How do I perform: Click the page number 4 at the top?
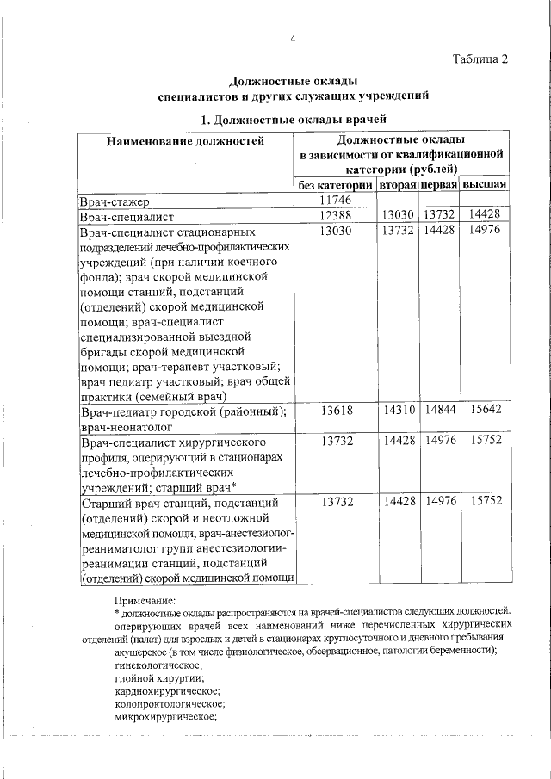coord(293,40)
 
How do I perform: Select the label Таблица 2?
coord(480,59)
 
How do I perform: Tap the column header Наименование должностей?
coord(185,140)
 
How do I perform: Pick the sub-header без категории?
coord(335,185)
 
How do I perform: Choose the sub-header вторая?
coord(399,185)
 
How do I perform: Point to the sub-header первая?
coord(439,185)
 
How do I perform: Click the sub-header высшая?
coord(484,185)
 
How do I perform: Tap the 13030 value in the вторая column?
coord(399,215)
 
